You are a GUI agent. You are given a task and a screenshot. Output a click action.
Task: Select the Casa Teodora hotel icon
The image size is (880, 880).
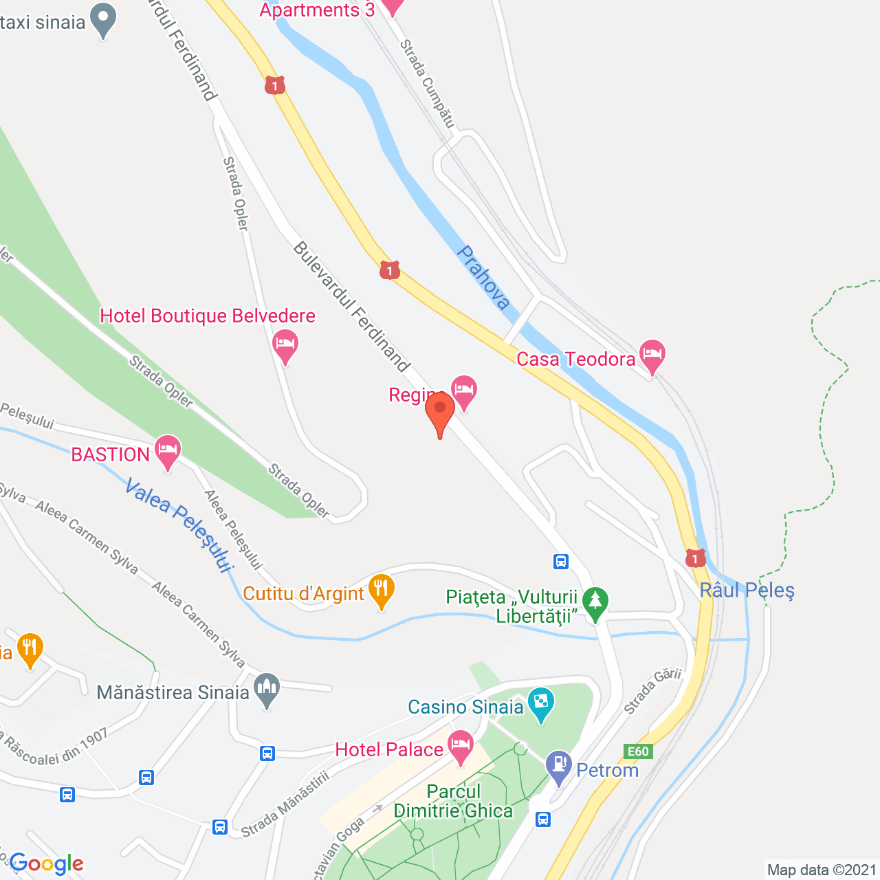click(x=652, y=355)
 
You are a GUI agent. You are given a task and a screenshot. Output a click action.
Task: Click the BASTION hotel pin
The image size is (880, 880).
click(x=168, y=452)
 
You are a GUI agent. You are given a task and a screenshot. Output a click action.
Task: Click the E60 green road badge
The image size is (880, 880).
click(x=638, y=751)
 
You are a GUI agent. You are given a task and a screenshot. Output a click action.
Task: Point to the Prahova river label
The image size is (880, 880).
click(x=483, y=278)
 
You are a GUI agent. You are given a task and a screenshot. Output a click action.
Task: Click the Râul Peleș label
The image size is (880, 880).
click(x=747, y=591)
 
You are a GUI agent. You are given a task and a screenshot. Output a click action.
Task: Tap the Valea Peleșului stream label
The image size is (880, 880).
click(x=179, y=526)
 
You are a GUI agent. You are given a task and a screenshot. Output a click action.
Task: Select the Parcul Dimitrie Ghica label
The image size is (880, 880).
click(x=453, y=802)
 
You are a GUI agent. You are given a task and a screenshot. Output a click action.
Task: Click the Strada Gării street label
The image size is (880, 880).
click(x=652, y=690)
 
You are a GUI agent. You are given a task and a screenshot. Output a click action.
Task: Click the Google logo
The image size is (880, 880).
click(x=47, y=863)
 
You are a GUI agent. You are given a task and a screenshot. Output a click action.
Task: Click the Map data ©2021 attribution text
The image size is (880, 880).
click(x=822, y=870)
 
